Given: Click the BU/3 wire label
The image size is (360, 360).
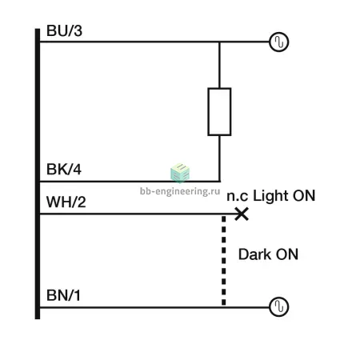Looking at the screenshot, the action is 64,30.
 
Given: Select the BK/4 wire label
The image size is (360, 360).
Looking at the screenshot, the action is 64,170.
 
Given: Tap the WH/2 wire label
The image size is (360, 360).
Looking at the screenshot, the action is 66,202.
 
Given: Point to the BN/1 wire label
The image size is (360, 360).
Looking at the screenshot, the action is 63,295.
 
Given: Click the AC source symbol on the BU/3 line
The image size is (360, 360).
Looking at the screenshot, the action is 279,42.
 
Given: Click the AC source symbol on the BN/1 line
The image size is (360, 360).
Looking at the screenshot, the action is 279,306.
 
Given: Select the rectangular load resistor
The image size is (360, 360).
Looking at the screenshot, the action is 219,112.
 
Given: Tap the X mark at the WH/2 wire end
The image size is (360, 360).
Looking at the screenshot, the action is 242,214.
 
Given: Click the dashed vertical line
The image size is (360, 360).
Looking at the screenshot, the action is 224,261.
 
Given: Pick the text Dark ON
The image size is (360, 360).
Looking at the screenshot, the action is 268,254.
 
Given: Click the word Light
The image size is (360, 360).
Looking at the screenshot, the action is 271,196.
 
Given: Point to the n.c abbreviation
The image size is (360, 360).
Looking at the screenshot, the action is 238,197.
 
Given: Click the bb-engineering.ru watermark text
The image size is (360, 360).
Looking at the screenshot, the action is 180,191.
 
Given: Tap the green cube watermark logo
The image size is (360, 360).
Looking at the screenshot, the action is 180,173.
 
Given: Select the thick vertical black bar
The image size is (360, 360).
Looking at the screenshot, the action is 38,174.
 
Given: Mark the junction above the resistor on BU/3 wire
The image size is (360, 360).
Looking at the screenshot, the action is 219,42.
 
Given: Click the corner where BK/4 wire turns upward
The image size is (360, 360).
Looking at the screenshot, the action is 219,182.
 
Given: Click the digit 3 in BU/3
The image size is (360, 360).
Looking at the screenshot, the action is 78,30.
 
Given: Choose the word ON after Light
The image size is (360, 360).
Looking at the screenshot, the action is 304,196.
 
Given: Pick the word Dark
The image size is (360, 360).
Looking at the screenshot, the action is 254,254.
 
